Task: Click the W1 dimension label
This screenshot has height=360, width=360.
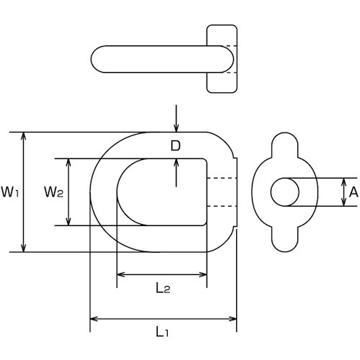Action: pyautogui.click(x=10, y=192)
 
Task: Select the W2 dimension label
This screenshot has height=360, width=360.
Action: pyautogui.click(x=54, y=192)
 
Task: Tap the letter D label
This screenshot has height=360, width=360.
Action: pyautogui.click(x=176, y=145)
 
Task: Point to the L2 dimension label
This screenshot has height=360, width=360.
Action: pyautogui.click(x=163, y=288)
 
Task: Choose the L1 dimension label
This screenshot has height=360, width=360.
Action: pyautogui.click(x=163, y=331)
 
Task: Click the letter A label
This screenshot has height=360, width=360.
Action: pyautogui.click(x=354, y=192)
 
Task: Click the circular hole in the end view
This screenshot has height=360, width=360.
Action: pyautogui.click(x=285, y=192)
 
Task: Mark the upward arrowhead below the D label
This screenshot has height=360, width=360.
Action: pyautogui.click(x=176, y=163)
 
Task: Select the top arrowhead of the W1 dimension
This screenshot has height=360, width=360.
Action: pyautogui.click(x=23, y=136)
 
